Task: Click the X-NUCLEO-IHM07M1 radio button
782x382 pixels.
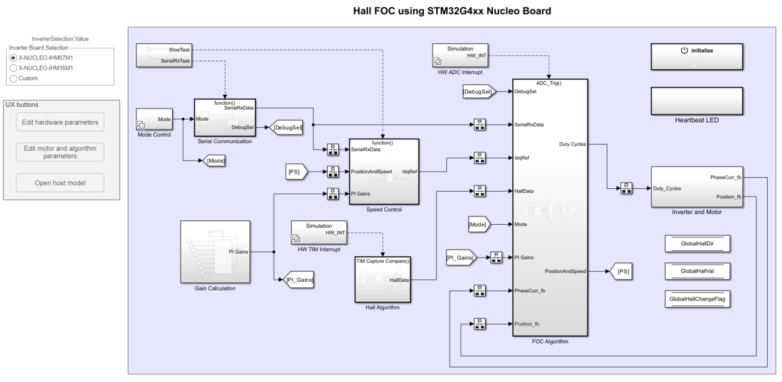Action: tap(13, 58)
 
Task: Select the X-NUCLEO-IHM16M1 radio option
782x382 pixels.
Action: tap(13, 68)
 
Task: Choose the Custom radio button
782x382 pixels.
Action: tap(13, 78)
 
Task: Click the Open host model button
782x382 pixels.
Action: tap(60, 183)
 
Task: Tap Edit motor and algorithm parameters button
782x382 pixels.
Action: tap(60, 152)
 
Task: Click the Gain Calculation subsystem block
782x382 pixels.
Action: tap(215, 252)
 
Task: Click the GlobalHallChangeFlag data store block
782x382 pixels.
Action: tap(697, 299)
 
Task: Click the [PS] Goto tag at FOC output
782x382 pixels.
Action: tap(620, 271)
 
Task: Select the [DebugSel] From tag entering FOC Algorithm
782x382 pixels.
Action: tap(477, 91)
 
